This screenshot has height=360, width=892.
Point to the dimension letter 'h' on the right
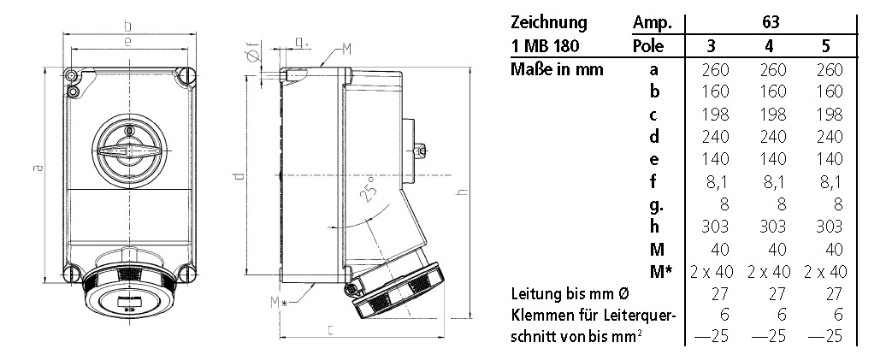click(462, 194)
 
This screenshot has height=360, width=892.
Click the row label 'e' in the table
click(653, 159)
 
